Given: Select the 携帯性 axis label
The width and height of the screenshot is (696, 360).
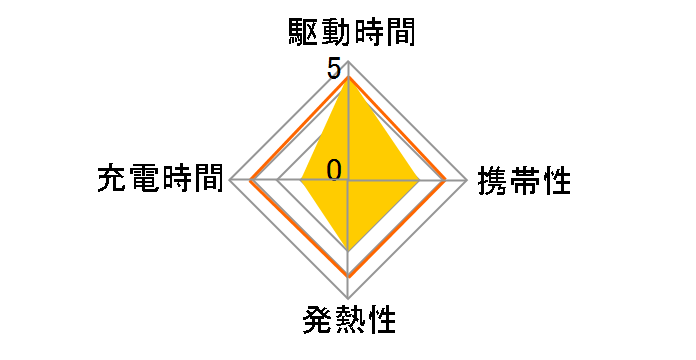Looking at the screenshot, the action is [524, 181].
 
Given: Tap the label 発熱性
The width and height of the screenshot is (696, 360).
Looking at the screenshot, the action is [348, 322].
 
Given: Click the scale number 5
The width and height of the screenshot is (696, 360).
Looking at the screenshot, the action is [331, 70].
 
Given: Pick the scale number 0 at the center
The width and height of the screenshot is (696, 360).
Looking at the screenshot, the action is [334, 168].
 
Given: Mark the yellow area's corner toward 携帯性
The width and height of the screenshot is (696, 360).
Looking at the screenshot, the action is [419, 181].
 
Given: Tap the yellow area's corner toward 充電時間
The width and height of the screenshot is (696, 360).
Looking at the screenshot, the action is [302, 181].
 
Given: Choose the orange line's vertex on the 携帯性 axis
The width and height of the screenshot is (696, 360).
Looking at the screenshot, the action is [444, 181].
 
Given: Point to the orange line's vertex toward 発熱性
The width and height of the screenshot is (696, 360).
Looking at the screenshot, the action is [348, 275].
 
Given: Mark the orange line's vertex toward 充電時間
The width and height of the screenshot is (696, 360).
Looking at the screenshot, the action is [251, 181].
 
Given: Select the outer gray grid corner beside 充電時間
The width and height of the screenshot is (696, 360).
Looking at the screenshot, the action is [230, 181].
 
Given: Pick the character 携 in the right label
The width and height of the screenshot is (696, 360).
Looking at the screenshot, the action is [493, 181].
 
